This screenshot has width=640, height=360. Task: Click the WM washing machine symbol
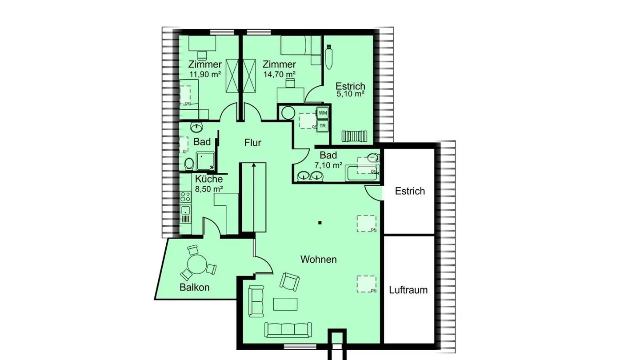click(x=323, y=113)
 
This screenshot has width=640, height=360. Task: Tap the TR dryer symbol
click(x=323, y=126)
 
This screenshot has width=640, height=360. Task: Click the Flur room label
click(x=253, y=143)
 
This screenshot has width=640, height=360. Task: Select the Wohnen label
click(x=318, y=259)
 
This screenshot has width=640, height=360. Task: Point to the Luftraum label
click(x=408, y=290)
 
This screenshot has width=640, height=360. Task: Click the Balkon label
click(x=194, y=287)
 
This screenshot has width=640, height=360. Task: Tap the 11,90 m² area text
click(x=205, y=74)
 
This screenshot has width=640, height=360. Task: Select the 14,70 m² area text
click(x=280, y=74)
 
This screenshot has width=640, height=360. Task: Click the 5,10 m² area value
click(x=350, y=94)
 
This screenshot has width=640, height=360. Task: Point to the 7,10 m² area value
click(x=328, y=165)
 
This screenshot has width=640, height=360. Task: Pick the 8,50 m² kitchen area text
click(x=209, y=189)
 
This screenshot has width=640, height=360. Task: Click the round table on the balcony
click(x=197, y=265)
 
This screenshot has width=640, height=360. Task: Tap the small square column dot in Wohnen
click(x=320, y=223)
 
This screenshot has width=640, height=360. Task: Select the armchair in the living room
click(x=289, y=281)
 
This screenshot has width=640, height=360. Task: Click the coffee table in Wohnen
click(x=285, y=304)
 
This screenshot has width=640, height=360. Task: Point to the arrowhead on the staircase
click(x=254, y=165)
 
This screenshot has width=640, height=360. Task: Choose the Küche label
click(x=209, y=179)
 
